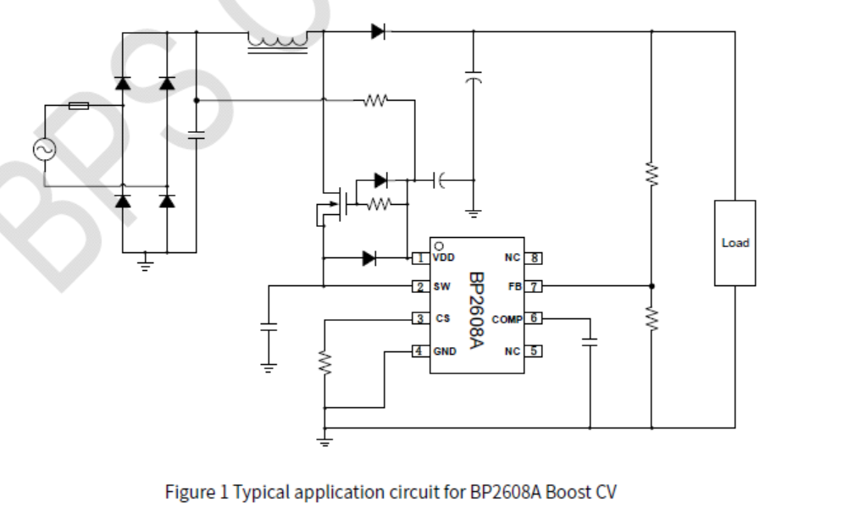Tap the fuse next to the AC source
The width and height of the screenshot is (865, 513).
coord(79,106)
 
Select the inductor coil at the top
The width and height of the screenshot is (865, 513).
coord(277,40)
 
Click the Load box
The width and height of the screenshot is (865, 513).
coord(735,243)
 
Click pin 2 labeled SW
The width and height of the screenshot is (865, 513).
coord(419,287)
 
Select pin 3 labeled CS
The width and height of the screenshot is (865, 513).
coord(419,319)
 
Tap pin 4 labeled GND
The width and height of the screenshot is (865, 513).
coord(419,350)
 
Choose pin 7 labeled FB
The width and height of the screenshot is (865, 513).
coord(535,287)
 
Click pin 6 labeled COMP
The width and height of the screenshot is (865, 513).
coord(535,319)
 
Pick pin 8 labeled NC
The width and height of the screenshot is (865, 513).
coord(535,257)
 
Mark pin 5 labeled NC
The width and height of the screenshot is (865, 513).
coord(535,350)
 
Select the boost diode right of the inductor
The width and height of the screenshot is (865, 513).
coord(378,32)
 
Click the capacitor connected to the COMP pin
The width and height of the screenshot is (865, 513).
coord(591,343)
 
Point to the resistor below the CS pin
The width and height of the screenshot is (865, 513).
coord(324,363)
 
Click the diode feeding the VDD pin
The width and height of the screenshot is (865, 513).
coord(369,258)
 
